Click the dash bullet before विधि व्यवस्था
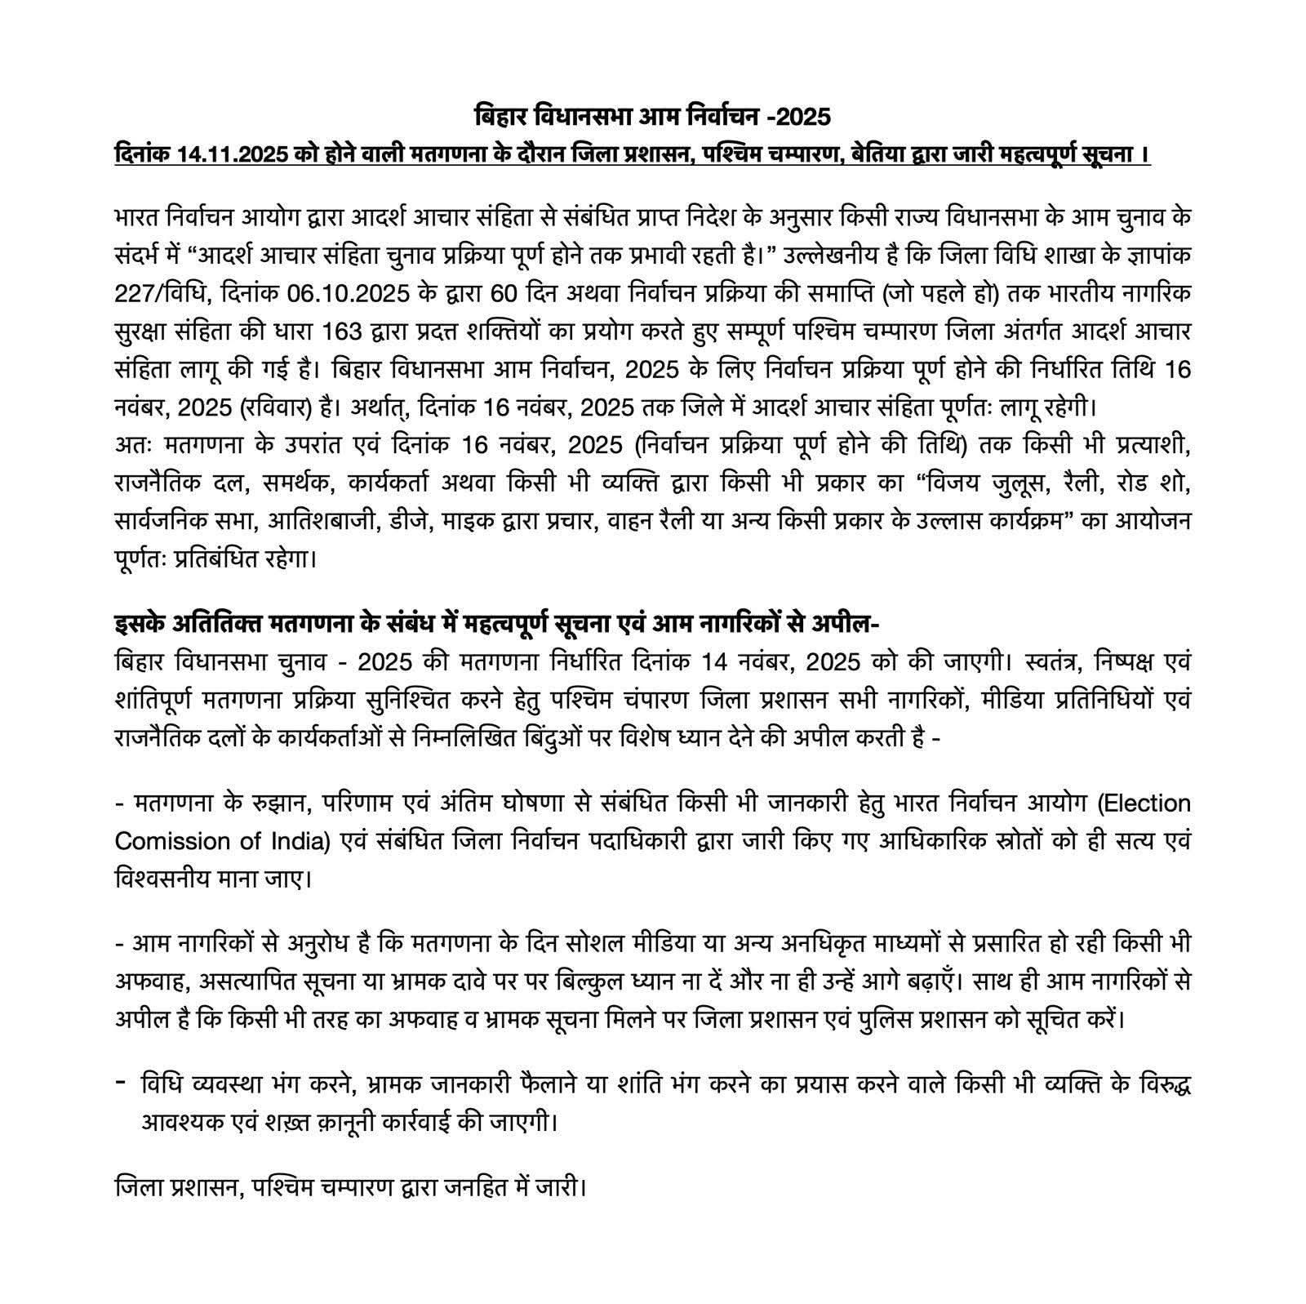pos(120,1083)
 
